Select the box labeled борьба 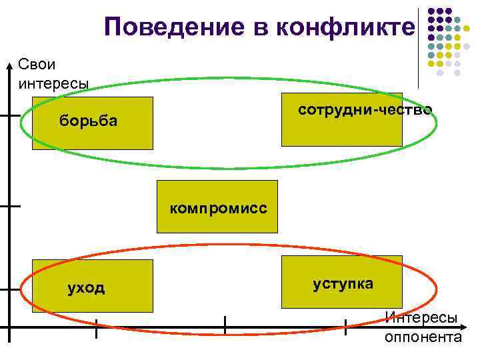click(92, 123)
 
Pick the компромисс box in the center click(217, 207)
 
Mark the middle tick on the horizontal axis click(225, 327)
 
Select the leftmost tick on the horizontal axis click(97, 328)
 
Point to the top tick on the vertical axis click(11, 115)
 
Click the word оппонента click(423, 337)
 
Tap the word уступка click(343, 284)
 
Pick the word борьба click(88, 121)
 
